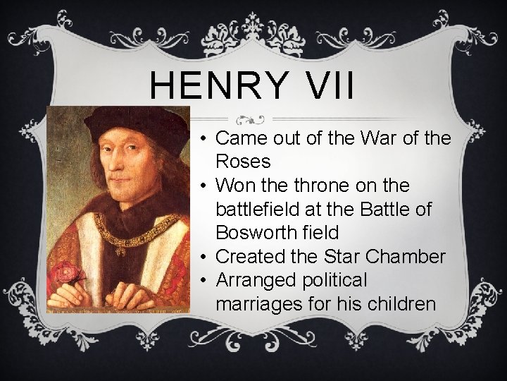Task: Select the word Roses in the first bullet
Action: coord(244,162)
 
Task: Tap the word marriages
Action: coord(260,304)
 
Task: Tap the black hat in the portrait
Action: coord(134,123)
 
